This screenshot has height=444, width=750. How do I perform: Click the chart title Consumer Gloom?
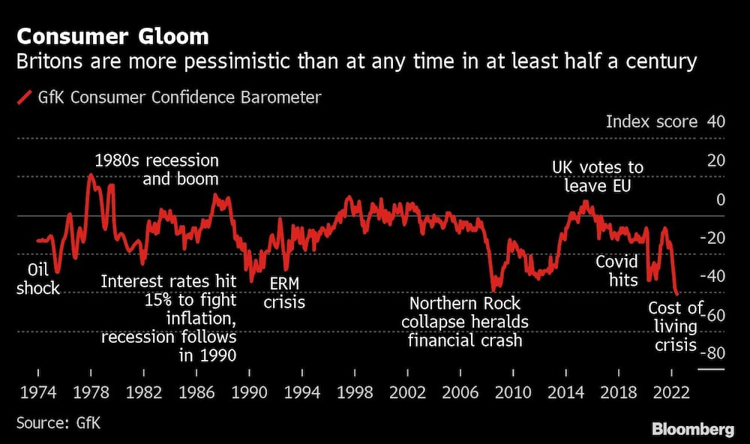(112, 36)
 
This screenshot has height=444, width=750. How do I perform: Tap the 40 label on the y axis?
(715, 122)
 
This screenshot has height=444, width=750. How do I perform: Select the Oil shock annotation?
(37, 279)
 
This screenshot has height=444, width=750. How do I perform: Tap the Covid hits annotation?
(616, 271)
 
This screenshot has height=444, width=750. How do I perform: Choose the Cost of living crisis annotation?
(675, 327)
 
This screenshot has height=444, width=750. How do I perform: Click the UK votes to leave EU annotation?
(597, 176)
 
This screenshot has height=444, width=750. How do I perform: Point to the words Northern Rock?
(465, 303)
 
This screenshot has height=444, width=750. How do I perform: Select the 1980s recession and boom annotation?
(157, 170)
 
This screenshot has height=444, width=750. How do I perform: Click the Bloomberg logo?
(692, 430)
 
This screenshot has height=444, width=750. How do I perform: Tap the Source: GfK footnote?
(58, 423)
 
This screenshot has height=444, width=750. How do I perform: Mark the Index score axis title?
(651, 122)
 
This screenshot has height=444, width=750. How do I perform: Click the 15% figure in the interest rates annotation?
(160, 301)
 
